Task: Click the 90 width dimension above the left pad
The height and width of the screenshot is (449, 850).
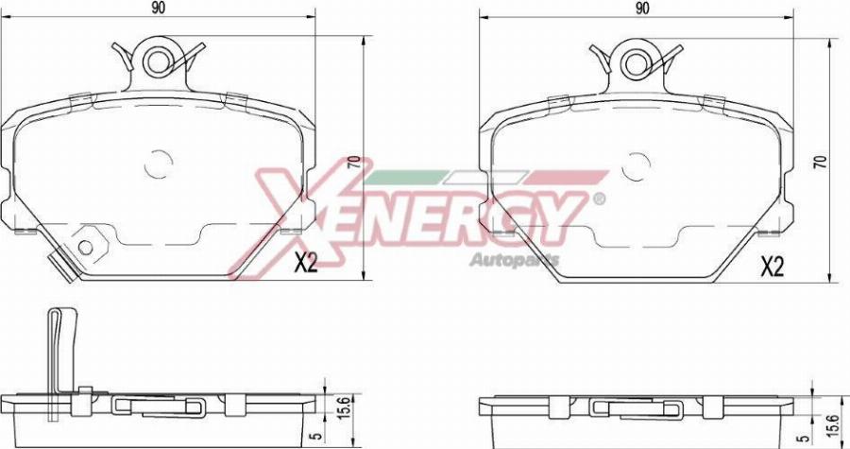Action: click(x=158, y=9)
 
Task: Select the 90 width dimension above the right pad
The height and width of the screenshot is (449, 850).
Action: click(x=642, y=9)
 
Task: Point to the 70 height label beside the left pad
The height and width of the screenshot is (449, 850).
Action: click(x=353, y=164)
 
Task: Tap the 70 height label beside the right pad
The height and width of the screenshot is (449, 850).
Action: click(x=821, y=162)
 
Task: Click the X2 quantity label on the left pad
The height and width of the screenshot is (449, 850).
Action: click(x=304, y=265)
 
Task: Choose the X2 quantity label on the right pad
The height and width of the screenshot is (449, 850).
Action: click(x=773, y=268)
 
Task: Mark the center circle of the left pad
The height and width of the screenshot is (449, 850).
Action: click(x=161, y=164)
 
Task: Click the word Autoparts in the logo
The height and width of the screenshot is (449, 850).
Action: click(x=514, y=259)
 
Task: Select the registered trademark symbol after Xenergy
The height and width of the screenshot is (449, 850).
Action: click(x=597, y=199)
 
